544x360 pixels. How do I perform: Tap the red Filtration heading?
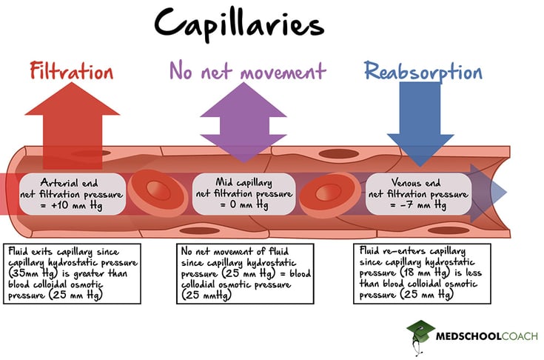click(x=72, y=72)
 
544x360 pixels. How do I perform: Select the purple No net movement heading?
click(x=247, y=71)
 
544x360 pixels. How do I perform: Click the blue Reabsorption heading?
click(x=423, y=72)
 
